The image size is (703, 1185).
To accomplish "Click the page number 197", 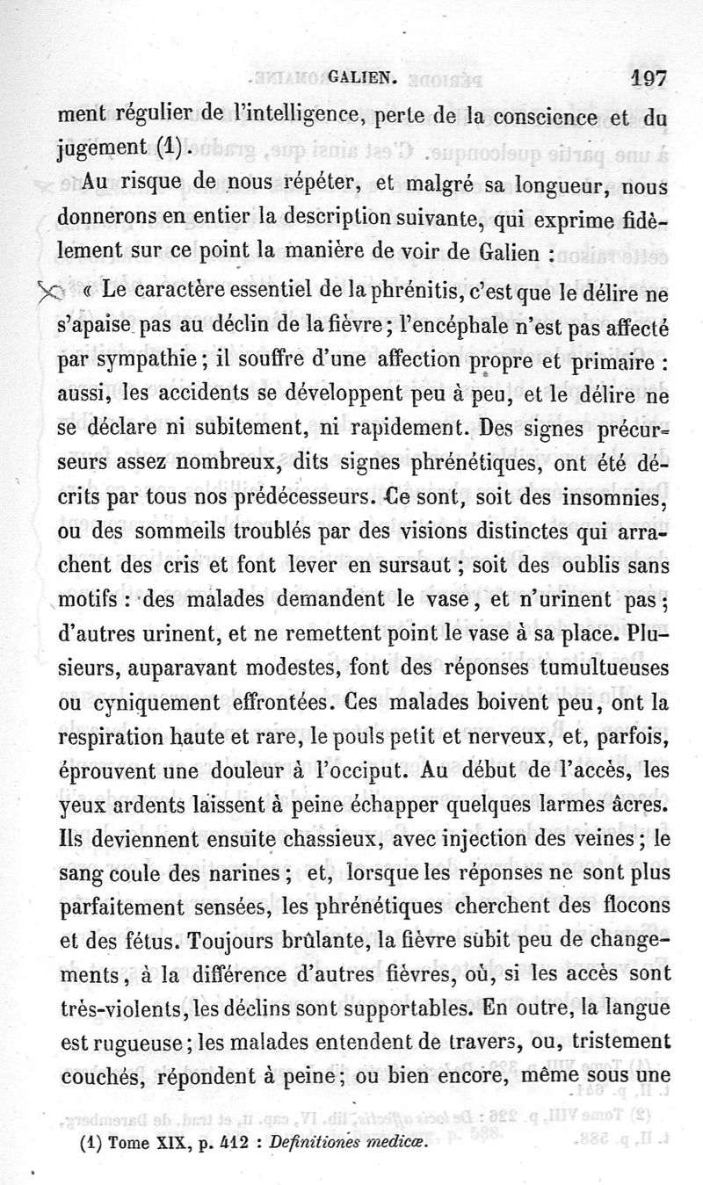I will (649, 78).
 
